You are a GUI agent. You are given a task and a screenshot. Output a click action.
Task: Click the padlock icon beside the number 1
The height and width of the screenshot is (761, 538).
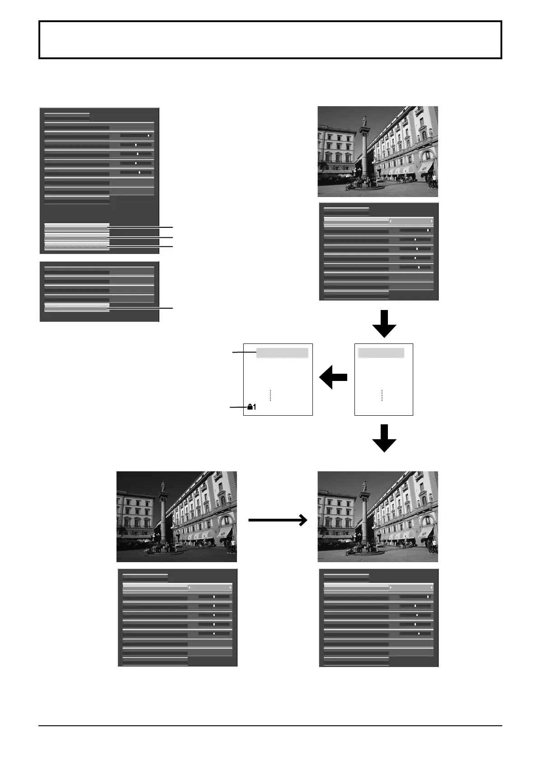(x=250, y=407)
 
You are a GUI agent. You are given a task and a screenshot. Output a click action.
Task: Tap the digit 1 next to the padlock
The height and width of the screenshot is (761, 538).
(x=255, y=407)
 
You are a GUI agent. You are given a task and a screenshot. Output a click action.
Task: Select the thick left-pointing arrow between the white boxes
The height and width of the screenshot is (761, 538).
(x=333, y=377)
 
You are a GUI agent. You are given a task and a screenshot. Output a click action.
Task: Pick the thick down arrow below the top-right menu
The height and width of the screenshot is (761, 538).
(x=384, y=324)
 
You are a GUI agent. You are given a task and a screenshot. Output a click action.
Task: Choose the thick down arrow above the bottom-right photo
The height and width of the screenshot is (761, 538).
(x=384, y=438)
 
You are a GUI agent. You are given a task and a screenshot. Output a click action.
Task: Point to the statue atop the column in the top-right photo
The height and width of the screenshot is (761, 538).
(x=364, y=121)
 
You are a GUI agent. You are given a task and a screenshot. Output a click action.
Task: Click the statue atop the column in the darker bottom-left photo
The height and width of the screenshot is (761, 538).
(x=163, y=486)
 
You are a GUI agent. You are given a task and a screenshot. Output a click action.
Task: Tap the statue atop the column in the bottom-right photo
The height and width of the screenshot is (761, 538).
(x=364, y=486)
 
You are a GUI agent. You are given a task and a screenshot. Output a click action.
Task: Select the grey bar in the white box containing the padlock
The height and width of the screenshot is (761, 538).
(x=282, y=353)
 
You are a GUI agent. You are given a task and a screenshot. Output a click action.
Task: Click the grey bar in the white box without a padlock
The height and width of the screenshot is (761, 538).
(x=381, y=353)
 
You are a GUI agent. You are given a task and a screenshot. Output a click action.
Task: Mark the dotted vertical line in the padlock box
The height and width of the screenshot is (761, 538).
(x=270, y=395)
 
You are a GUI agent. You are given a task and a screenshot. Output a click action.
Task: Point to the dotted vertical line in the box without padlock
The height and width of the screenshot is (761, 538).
(x=382, y=395)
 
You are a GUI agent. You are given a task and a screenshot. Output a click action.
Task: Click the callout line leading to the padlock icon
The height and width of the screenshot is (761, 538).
(x=238, y=407)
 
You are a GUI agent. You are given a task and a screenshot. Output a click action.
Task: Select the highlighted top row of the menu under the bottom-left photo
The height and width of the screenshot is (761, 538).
(x=177, y=587)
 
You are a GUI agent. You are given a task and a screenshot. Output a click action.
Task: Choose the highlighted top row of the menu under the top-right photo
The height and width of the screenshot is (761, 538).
(x=378, y=221)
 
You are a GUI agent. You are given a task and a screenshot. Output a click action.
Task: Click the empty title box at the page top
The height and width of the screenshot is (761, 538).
(x=270, y=40)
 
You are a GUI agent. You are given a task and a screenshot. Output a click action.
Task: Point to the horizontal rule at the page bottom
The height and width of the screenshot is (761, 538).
(x=270, y=726)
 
